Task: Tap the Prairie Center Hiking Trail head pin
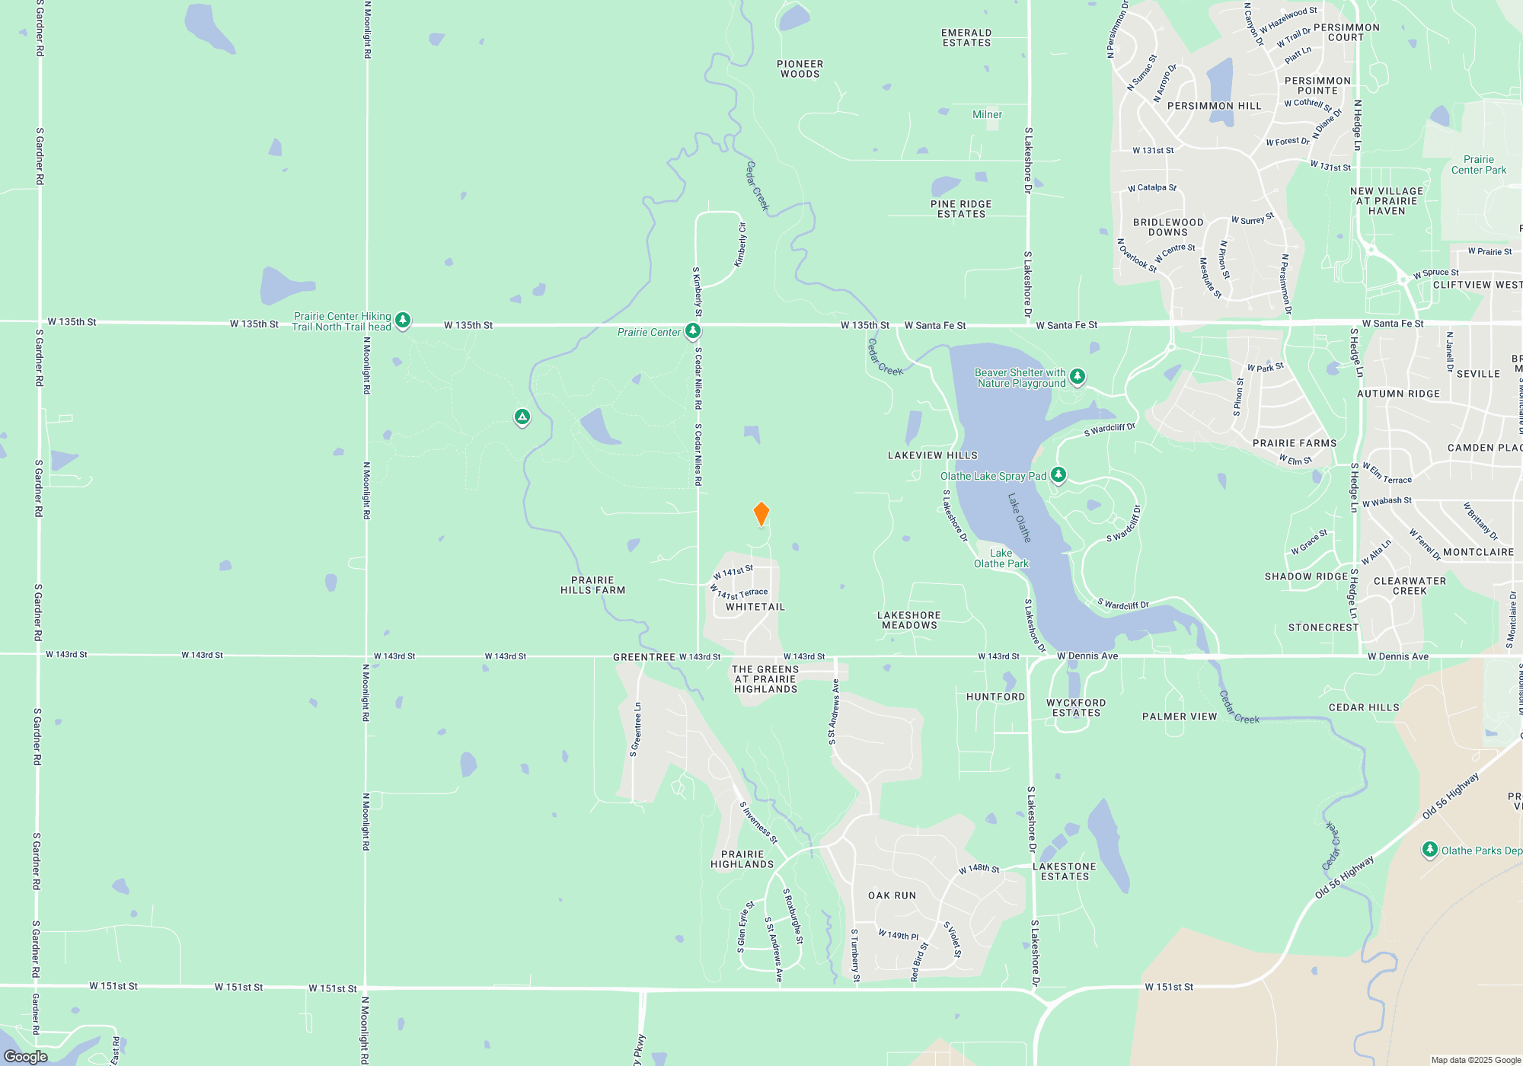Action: point(403,321)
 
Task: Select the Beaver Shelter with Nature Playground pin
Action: point(1077,376)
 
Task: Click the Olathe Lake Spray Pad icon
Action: point(1058,475)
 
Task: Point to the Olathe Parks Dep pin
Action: point(1429,850)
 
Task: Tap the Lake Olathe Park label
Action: point(1001,559)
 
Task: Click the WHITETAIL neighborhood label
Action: point(755,607)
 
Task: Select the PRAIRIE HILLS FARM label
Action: point(592,586)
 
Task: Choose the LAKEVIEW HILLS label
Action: point(932,455)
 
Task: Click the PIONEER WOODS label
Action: point(800,69)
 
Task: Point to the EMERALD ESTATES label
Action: point(966,38)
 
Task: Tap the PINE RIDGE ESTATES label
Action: point(961,209)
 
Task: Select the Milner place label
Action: point(987,115)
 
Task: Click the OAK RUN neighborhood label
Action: point(892,895)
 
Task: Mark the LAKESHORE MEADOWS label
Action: point(908,621)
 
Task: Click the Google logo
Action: point(26,1056)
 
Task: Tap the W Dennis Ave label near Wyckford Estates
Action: point(1087,656)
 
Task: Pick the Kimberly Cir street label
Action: point(740,245)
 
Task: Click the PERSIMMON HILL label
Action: point(1214,106)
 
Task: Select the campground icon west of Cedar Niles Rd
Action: point(522,417)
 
